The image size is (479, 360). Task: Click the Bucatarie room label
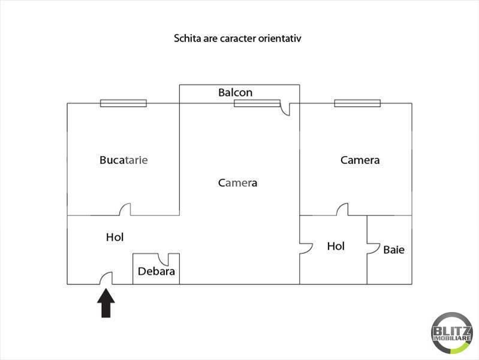pos(123,160)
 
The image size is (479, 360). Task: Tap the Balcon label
pos(236,92)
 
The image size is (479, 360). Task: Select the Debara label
pos(156,271)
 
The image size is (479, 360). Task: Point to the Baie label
pos(394,250)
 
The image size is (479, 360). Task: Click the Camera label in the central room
pos(237,183)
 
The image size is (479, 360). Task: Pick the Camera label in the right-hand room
pos(360,160)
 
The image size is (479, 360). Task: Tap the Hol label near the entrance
pos(115,237)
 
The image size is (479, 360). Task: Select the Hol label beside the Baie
pos(336,246)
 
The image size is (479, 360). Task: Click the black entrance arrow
pos(106,303)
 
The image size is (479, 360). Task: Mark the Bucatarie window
pos(123,103)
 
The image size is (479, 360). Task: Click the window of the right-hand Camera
pos(357,103)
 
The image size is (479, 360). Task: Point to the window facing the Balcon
pos(257,103)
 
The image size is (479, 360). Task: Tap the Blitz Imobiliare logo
pos(452,333)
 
